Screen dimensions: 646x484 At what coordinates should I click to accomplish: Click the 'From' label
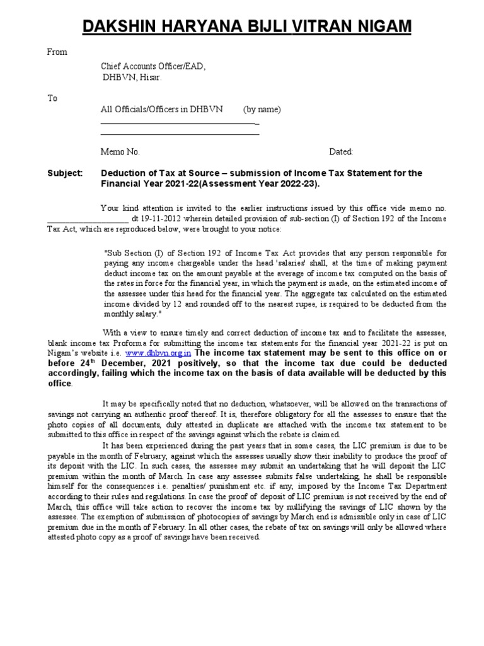(57, 52)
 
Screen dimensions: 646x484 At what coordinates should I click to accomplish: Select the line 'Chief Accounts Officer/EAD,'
(153, 66)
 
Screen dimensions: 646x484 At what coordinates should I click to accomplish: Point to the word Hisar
(149, 78)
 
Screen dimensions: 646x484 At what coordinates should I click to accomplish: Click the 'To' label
(52, 98)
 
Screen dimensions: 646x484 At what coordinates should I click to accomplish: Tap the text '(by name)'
(262, 109)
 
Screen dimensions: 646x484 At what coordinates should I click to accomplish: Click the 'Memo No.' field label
(120, 152)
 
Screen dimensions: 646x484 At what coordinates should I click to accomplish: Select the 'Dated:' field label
(341, 152)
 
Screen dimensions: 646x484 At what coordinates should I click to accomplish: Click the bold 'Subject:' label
(66, 173)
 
